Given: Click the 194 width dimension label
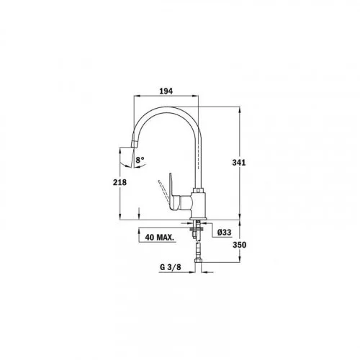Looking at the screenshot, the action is (166, 91).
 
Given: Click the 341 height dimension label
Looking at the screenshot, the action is (239, 163).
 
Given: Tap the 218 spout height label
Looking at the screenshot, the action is (120, 182).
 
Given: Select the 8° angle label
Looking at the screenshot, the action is (140, 160).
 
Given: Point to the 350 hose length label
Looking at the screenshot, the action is (239, 245).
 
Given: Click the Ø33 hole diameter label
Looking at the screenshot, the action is (224, 232).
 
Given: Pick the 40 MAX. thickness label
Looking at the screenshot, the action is (159, 238).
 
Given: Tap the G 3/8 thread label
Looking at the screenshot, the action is (171, 267).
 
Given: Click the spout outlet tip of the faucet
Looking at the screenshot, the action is (134, 144).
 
